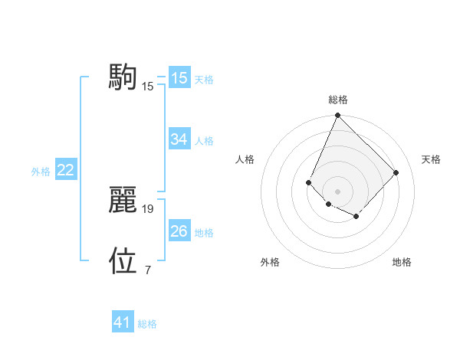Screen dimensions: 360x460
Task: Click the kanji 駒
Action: click(x=123, y=77)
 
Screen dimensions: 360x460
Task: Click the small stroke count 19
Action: click(x=149, y=208)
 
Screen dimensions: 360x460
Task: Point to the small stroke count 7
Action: click(x=148, y=270)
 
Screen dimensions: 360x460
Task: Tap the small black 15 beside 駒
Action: click(x=148, y=86)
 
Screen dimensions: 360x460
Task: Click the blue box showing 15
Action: click(x=179, y=77)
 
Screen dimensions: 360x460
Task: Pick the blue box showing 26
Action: click(x=179, y=231)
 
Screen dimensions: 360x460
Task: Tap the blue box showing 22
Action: click(x=65, y=170)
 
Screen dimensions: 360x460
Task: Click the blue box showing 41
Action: click(x=122, y=322)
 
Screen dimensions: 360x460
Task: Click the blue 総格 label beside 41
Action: click(x=147, y=324)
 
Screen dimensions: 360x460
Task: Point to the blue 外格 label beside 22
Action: click(x=41, y=172)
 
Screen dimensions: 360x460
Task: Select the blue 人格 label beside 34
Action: click(x=204, y=141)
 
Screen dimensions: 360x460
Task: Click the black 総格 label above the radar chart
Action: click(x=337, y=100)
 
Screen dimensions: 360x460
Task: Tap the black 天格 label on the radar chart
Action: click(x=431, y=159)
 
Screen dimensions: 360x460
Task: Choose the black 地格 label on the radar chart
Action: click(x=402, y=263)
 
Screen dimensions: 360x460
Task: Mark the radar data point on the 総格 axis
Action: click(x=337, y=116)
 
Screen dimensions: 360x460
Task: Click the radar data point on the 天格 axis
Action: click(x=396, y=172)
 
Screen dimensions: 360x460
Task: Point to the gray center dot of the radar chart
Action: click(x=337, y=191)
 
